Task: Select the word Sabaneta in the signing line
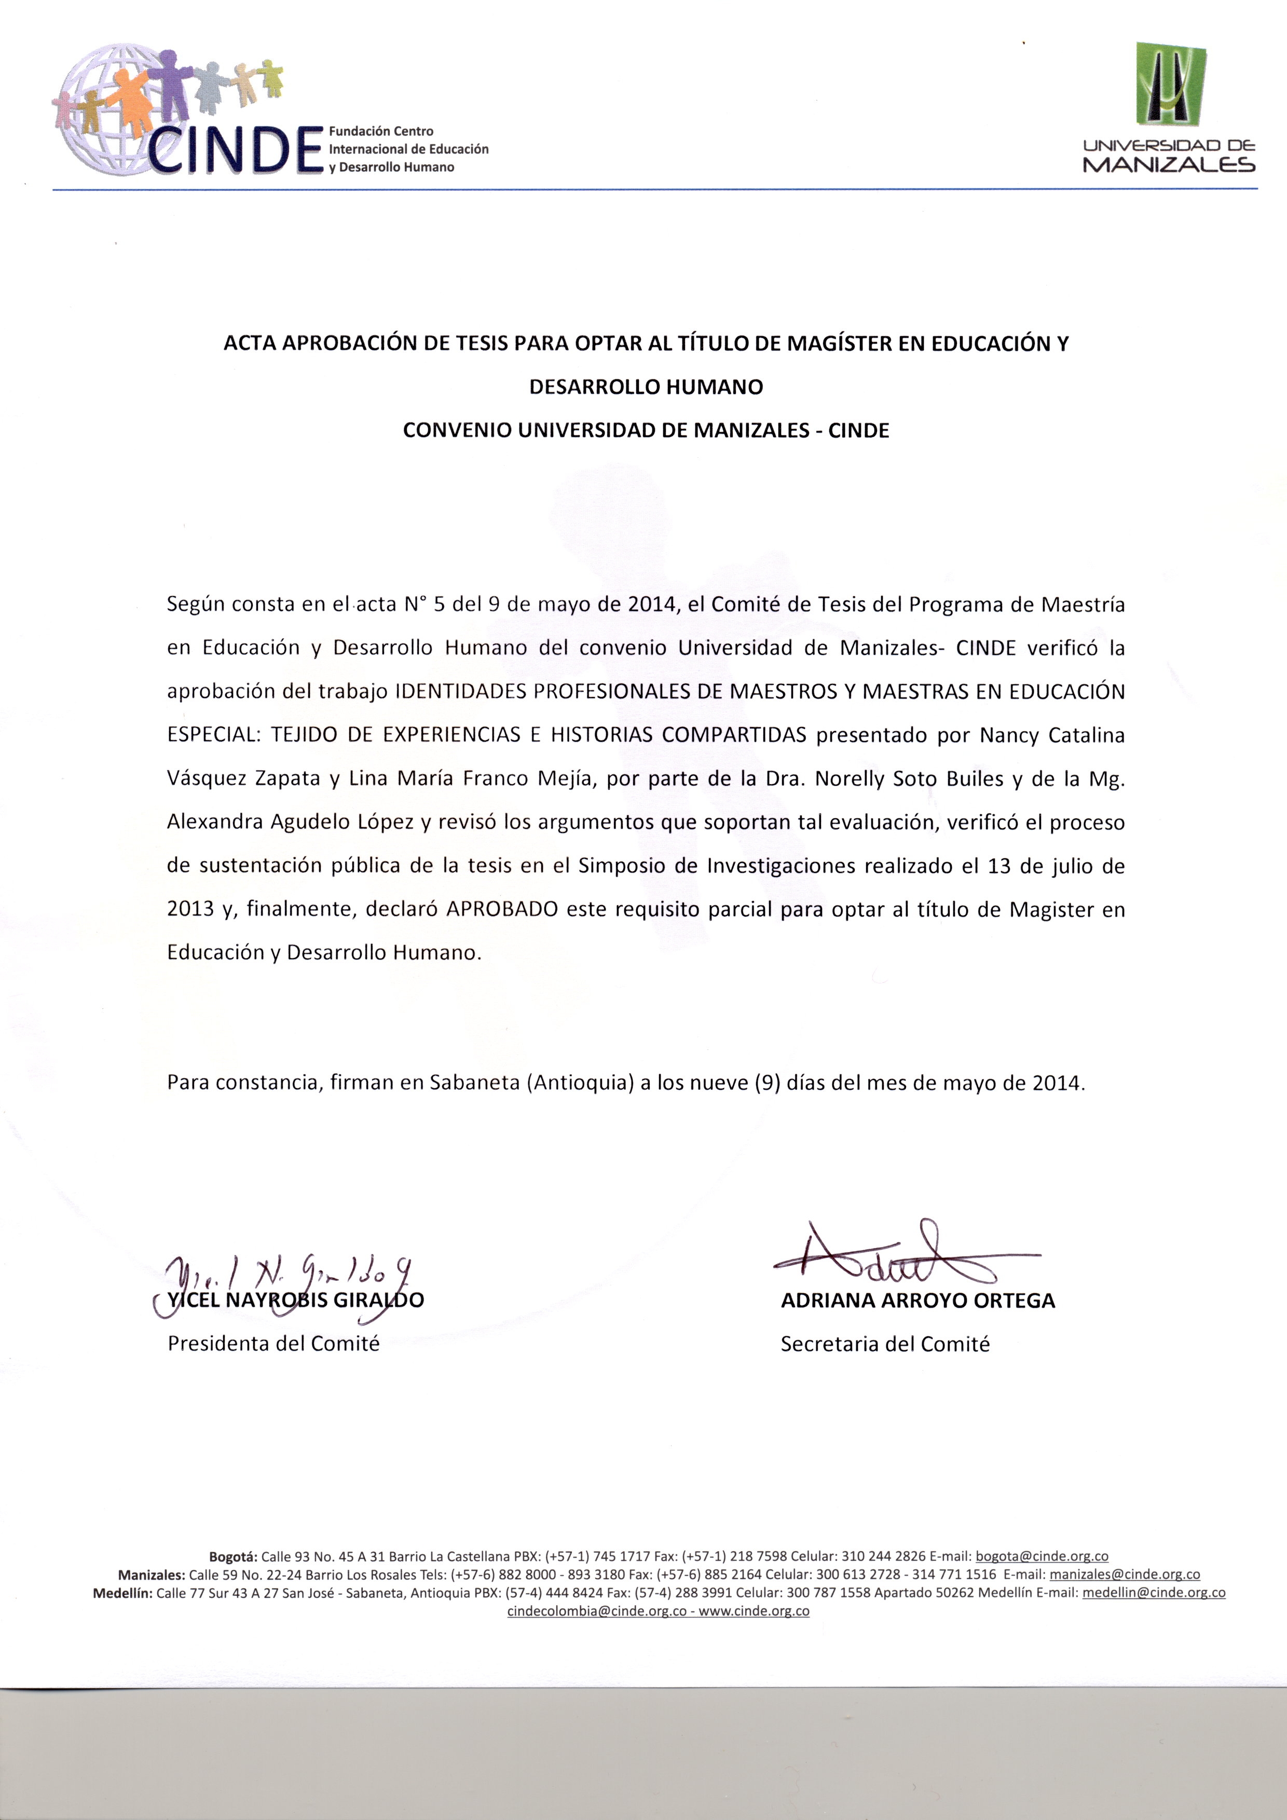click(x=474, y=1082)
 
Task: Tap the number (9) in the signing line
click(x=767, y=1082)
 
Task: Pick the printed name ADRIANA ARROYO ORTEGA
click(x=918, y=1301)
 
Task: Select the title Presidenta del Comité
click(x=273, y=1344)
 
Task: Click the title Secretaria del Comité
click(x=885, y=1345)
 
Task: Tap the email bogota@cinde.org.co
click(x=1042, y=1556)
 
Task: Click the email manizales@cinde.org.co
click(x=1125, y=1574)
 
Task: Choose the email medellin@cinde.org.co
click(x=1153, y=1593)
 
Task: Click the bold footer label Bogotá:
click(x=233, y=1556)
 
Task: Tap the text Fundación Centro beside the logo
click(x=381, y=131)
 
